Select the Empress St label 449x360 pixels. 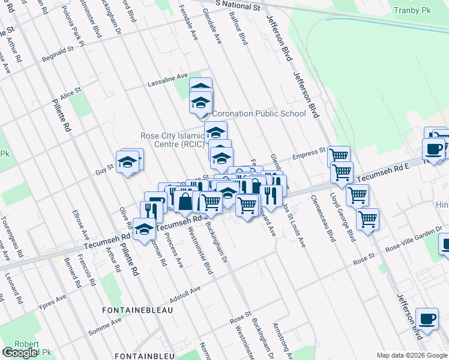[309, 156]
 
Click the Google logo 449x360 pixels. [20, 352]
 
